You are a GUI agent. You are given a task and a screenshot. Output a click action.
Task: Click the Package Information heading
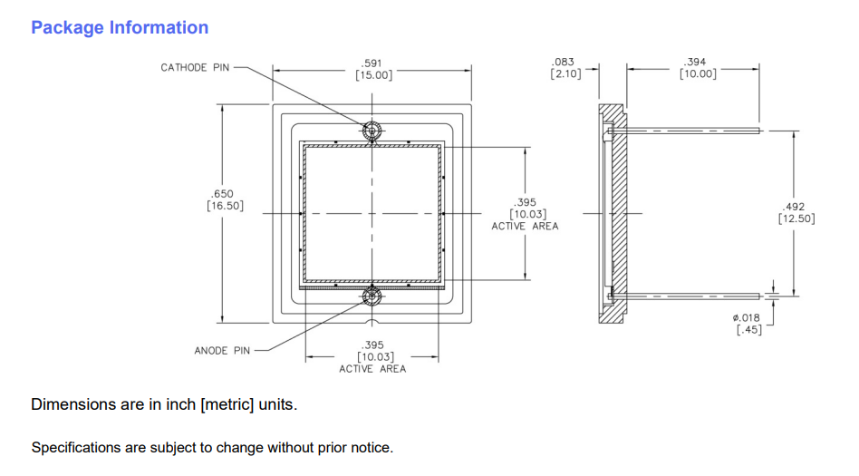click(120, 28)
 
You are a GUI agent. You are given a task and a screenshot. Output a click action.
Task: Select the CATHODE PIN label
click(195, 67)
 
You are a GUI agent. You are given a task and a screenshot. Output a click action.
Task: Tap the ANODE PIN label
click(222, 350)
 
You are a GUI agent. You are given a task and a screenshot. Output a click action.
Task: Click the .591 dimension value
click(372, 63)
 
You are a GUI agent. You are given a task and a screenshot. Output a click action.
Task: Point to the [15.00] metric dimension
click(373, 75)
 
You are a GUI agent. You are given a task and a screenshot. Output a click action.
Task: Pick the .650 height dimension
click(223, 194)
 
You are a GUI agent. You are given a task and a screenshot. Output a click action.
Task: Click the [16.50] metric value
click(225, 206)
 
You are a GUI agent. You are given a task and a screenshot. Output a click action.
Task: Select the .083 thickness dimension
click(564, 62)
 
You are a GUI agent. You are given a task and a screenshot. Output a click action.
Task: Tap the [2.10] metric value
click(565, 73)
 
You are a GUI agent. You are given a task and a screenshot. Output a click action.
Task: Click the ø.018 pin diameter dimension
click(747, 317)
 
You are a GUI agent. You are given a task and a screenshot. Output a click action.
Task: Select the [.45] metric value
click(749, 329)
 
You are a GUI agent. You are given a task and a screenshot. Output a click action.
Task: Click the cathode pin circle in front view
click(372, 131)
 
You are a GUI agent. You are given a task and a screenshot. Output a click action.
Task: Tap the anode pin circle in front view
click(372, 295)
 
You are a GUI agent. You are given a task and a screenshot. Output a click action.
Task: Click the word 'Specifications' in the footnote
click(73, 448)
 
